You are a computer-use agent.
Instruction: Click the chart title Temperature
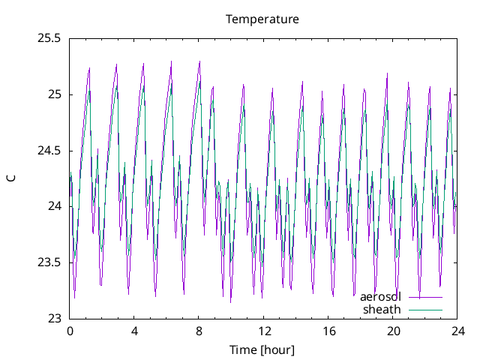pyautogui.click(x=262, y=19)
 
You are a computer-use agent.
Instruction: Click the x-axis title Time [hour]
pyautogui.click(x=262, y=349)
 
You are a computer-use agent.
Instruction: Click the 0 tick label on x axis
pyautogui.click(x=70, y=331)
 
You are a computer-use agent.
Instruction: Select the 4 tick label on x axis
pyautogui.click(x=134, y=331)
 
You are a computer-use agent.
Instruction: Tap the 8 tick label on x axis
pyautogui.click(x=199, y=331)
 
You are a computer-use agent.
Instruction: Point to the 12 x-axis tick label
pyautogui.click(x=263, y=331)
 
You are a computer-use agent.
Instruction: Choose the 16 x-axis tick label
pyautogui.click(x=328, y=331)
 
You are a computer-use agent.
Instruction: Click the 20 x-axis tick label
pyautogui.click(x=392, y=331)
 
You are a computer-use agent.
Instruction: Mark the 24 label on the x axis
pyautogui.click(x=457, y=331)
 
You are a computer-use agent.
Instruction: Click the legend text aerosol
pyautogui.click(x=380, y=297)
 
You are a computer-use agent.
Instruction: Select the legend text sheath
pyautogui.click(x=382, y=309)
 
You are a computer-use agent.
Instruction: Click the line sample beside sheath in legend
pyautogui.click(x=425, y=310)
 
